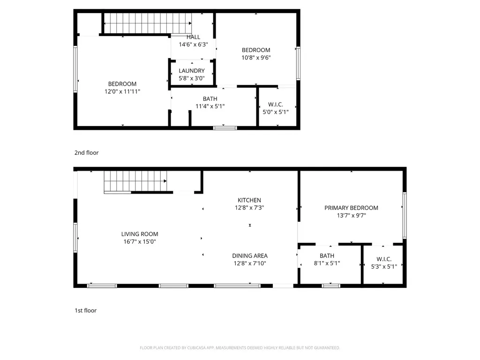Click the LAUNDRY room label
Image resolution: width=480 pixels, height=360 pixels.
pos(192,71)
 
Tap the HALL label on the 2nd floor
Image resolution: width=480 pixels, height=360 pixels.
pos(193,37)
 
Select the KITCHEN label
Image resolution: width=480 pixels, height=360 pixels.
pos(249,200)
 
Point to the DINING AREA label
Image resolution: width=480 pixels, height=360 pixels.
pos(250,255)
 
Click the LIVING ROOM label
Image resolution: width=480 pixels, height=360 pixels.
pos(140,234)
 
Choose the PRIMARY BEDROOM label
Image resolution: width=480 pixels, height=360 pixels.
pos(351,208)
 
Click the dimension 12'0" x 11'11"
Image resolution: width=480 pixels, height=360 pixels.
pos(122,91)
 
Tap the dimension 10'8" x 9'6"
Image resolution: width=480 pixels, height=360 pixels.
pos(256,58)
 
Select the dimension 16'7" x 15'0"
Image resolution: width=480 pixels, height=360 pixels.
pos(140,241)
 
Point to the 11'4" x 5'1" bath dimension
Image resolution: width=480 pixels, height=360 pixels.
pos(210,106)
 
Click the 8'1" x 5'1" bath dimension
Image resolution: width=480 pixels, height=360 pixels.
pos(327,263)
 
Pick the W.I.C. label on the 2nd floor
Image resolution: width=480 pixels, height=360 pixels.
pos(276,105)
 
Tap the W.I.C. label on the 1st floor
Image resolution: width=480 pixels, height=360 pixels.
pos(384,259)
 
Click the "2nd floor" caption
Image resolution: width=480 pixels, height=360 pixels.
pos(86,152)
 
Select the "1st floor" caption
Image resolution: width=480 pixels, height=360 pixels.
pos(85,310)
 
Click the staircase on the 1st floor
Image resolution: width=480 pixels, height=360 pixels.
pos(135,182)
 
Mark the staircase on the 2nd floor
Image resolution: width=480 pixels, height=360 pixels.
pos(148,23)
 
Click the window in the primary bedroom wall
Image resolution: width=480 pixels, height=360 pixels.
pos(405,215)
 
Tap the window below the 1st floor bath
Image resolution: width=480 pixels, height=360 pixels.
pos(331,285)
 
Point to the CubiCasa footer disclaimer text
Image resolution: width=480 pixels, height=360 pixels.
pos(240,348)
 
